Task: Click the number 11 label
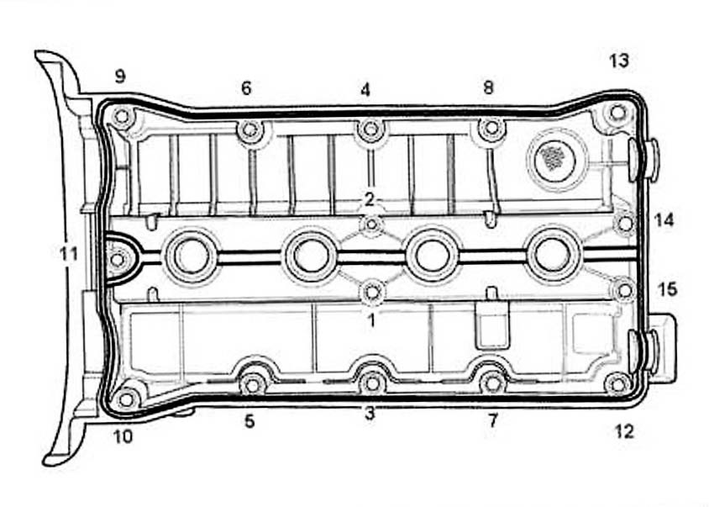click(x=69, y=252)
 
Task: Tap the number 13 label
click(x=619, y=61)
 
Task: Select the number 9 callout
click(x=120, y=77)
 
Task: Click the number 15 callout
click(x=667, y=289)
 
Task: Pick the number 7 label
click(x=493, y=420)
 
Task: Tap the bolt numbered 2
click(x=372, y=224)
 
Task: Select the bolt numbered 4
click(x=370, y=129)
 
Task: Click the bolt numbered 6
click(x=249, y=130)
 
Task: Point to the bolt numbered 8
click(x=491, y=129)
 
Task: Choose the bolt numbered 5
click(x=252, y=383)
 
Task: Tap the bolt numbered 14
click(x=624, y=224)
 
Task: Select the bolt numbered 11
click(x=118, y=259)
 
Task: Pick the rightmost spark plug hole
click(x=552, y=255)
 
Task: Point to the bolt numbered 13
click(x=617, y=112)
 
